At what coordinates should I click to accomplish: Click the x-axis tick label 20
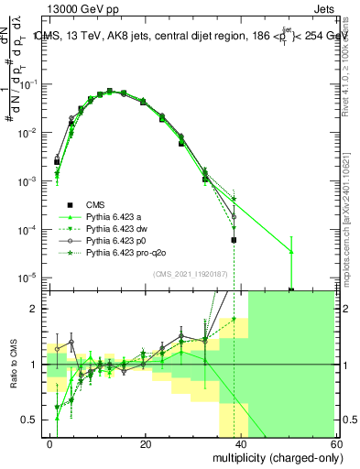146,443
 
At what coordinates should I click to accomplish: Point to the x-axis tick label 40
242,443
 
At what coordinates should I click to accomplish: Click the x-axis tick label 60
337,443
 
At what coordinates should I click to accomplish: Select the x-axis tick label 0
50,443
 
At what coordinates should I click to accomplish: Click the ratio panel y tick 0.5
30,420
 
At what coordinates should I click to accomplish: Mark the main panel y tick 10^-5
27,277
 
